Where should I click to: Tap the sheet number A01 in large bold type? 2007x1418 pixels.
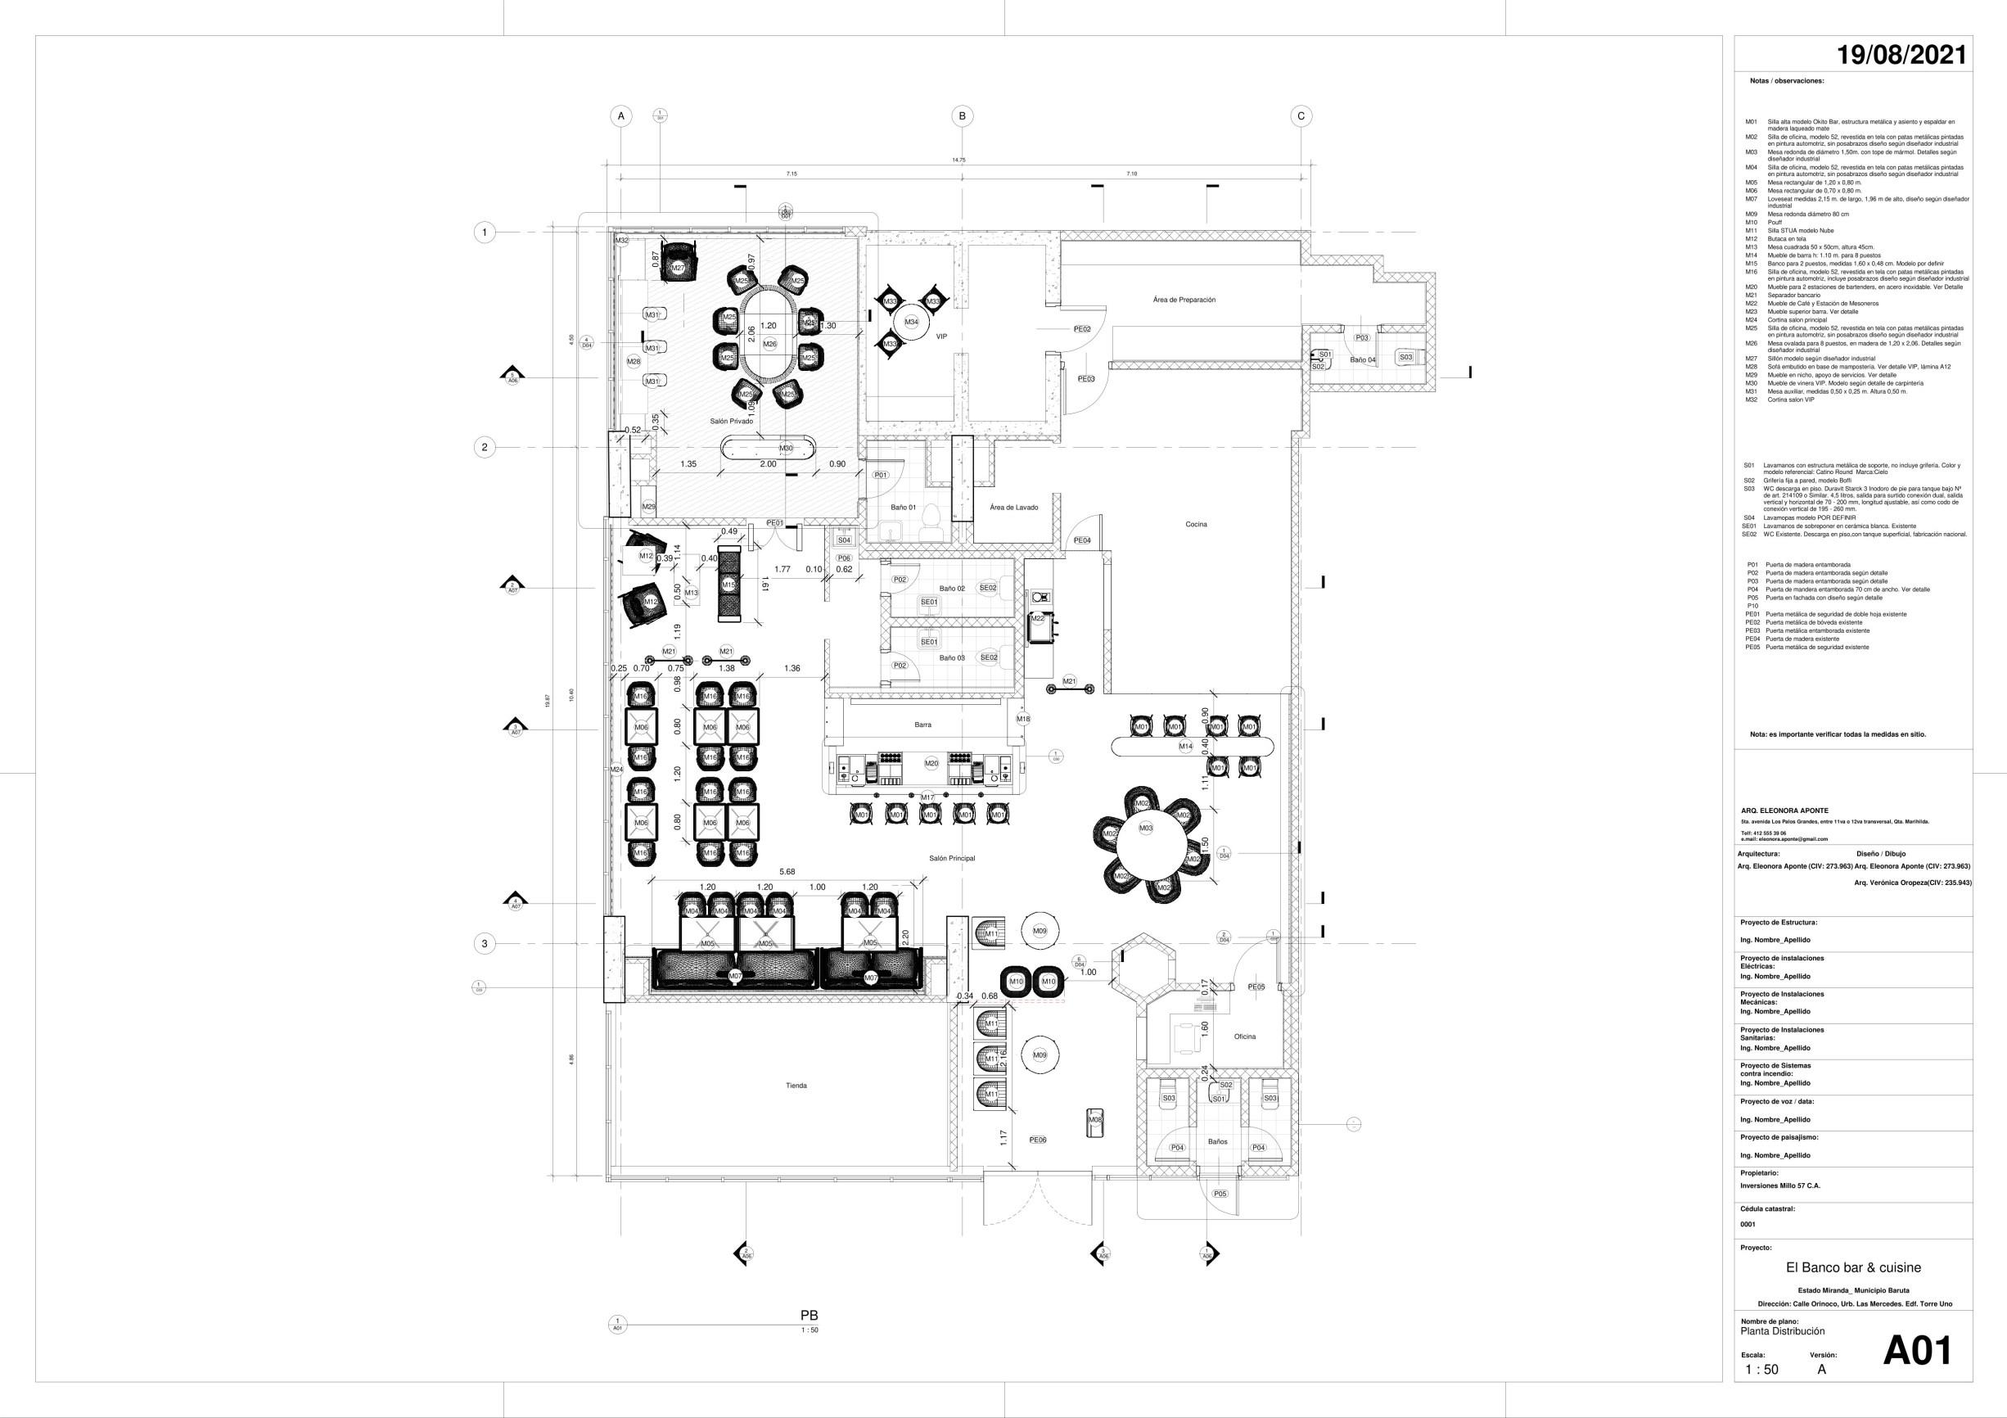[x=1916, y=1351]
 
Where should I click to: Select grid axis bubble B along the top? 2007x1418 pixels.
[x=963, y=116]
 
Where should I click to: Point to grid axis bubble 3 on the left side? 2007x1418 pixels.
[x=485, y=943]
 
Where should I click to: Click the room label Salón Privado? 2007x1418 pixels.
[x=731, y=422]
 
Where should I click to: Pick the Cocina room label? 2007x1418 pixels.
[x=1196, y=525]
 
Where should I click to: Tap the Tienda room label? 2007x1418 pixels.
[x=796, y=1086]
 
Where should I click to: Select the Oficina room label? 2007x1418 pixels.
[x=1245, y=1036]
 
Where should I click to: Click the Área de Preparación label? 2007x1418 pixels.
[x=1184, y=300]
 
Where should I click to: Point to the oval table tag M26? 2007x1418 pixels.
[x=769, y=345]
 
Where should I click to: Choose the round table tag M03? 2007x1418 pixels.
[x=1145, y=828]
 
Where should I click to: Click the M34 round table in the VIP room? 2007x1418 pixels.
[x=912, y=322]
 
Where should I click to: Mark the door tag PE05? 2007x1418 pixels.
[x=1256, y=987]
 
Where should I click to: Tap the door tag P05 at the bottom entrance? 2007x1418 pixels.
[x=1220, y=1194]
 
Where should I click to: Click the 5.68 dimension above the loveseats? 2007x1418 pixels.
[x=787, y=872]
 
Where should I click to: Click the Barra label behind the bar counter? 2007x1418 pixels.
[x=922, y=725]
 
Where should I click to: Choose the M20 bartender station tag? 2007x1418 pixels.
[x=931, y=763]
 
